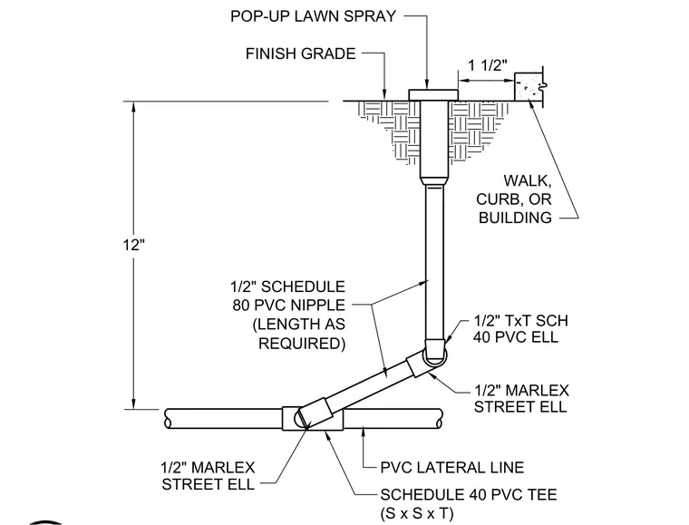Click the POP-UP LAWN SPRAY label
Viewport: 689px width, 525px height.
point(314,16)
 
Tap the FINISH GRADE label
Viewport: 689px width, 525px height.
point(301,53)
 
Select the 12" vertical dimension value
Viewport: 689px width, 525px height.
point(133,245)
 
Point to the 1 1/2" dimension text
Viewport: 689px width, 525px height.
point(488,65)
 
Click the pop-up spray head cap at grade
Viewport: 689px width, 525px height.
point(433,95)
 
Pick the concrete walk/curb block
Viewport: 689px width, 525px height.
point(529,86)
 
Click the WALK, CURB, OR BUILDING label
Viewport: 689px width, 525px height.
point(515,199)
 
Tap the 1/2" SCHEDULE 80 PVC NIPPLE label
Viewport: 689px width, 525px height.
point(288,296)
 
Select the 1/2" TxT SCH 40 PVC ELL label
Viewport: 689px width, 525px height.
point(520,328)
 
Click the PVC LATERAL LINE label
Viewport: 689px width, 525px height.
point(452,468)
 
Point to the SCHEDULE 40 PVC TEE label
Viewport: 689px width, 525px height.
point(469,495)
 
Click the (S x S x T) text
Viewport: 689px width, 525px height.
point(416,513)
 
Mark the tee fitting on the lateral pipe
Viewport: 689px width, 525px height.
point(313,419)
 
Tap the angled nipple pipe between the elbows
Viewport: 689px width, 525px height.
point(373,386)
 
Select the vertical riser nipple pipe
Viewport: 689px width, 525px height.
point(434,263)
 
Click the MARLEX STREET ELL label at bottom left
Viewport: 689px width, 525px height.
point(209,476)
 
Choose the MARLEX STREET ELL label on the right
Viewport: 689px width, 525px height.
point(521,398)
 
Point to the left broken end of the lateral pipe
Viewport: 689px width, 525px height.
point(168,419)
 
